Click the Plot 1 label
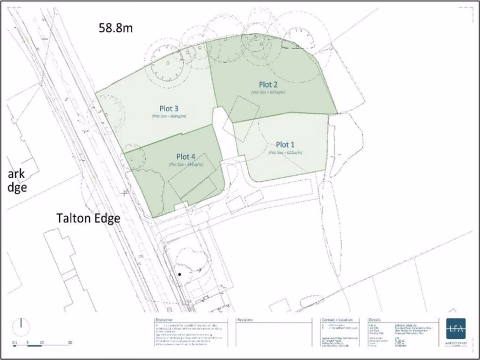tap(286, 145)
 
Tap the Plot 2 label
tap(268, 85)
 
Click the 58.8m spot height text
tap(115, 29)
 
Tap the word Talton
tap(75, 218)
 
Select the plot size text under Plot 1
tap(285, 153)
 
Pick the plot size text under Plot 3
tap(169, 116)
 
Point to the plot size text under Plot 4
tap(185, 164)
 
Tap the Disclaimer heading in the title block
tap(164, 320)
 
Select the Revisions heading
tap(246, 320)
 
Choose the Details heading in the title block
tap(376, 320)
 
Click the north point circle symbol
tap(21, 325)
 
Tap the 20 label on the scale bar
tap(70, 343)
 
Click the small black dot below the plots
tap(180, 275)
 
